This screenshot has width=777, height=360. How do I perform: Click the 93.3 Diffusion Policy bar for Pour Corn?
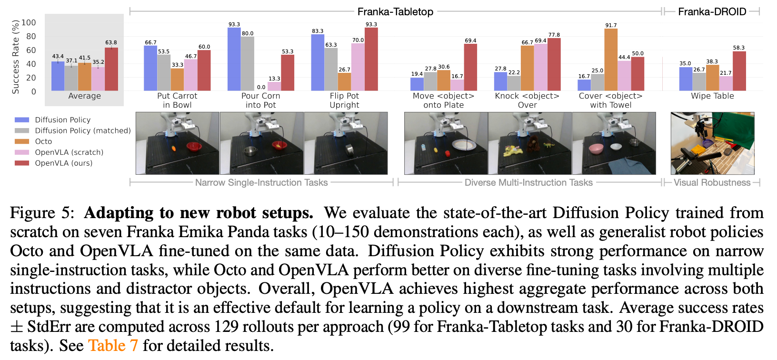[234, 60]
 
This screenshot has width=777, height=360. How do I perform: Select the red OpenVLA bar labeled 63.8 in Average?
[111, 69]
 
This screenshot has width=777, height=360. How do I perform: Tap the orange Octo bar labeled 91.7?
[611, 60]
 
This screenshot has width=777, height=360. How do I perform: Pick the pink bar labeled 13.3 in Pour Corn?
[274, 86]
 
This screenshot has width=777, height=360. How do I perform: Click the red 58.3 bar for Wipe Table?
[739, 71]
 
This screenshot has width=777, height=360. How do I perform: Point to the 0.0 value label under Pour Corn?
[261, 87]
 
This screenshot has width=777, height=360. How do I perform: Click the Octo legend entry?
[43, 141]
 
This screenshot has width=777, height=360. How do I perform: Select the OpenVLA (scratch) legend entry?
[69, 152]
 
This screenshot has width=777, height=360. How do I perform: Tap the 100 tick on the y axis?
[29, 22]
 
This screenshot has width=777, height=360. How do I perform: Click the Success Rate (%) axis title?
[16, 57]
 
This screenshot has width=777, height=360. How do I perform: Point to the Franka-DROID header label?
[712, 11]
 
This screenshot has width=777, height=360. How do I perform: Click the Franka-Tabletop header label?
[395, 11]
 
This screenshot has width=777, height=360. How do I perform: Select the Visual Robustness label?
[712, 182]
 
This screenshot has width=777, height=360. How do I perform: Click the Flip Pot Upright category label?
[344, 100]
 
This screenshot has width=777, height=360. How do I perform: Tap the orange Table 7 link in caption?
[113, 345]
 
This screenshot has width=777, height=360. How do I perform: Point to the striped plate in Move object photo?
[464, 145]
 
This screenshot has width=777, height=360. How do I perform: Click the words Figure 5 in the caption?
[42, 212]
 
